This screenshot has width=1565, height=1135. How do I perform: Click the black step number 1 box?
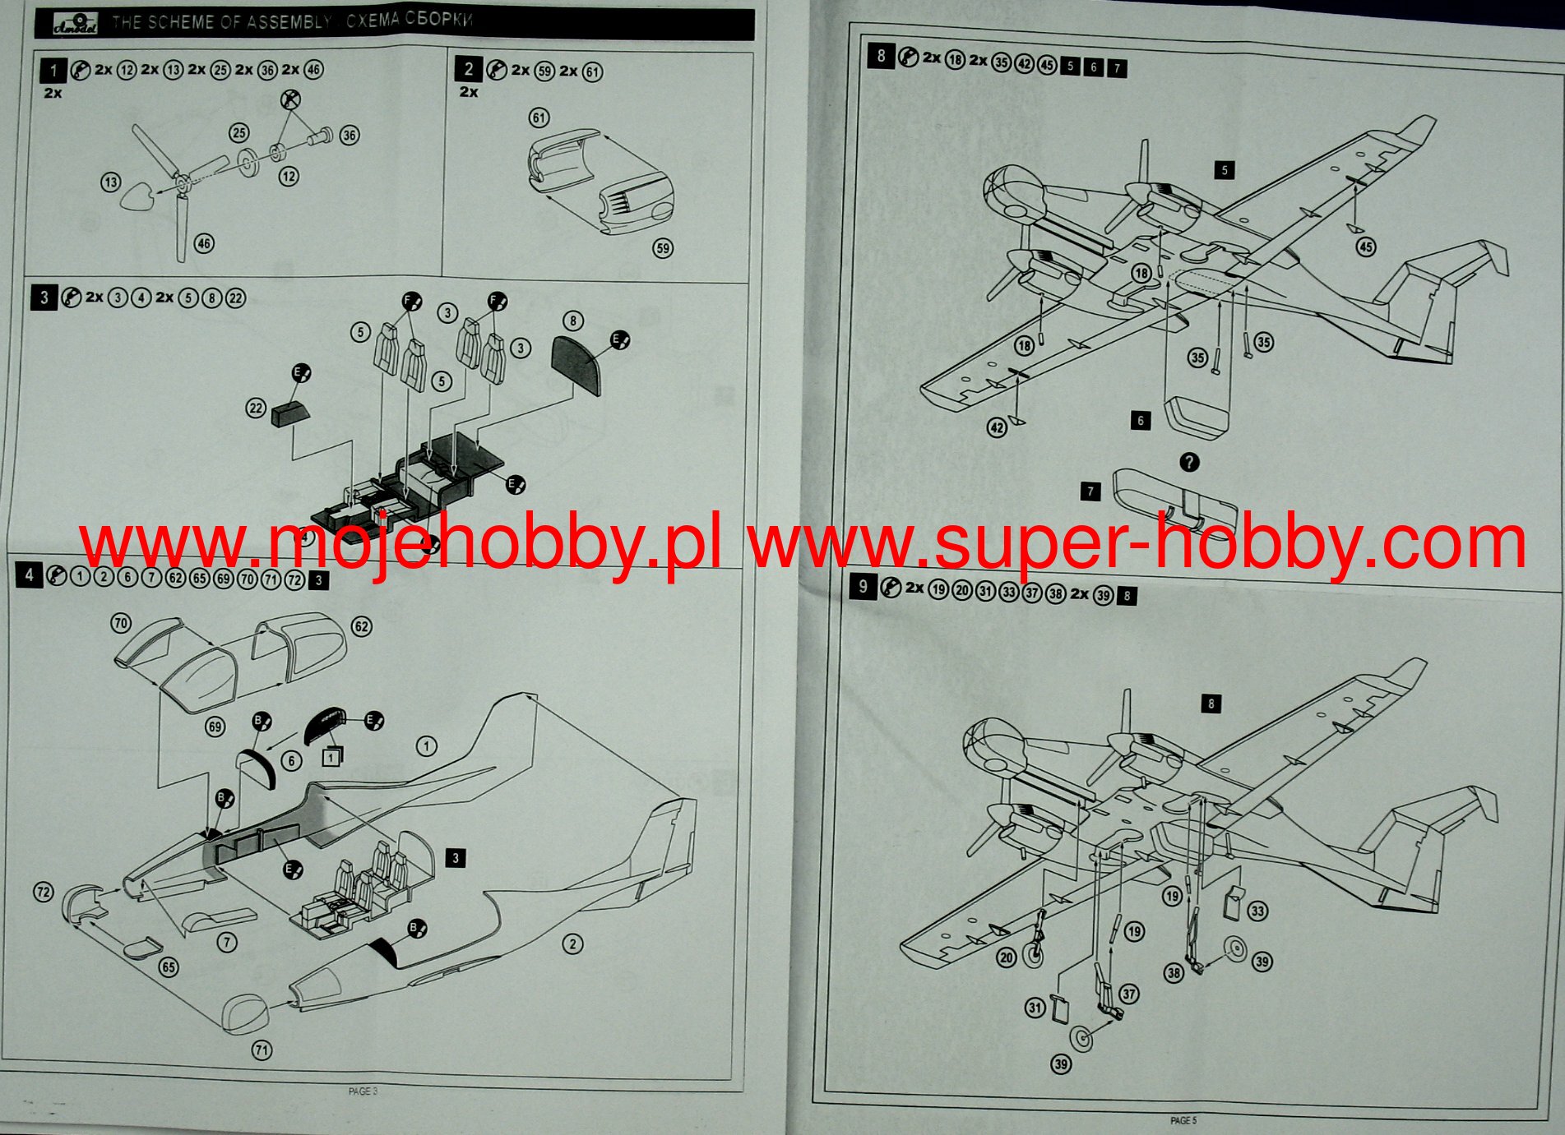[53, 71]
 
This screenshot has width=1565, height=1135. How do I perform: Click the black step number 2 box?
[468, 70]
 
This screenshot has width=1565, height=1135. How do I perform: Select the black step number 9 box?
[862, 587]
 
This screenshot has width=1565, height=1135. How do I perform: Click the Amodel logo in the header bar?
[76, 24]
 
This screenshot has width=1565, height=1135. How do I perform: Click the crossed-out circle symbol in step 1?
[289, 100]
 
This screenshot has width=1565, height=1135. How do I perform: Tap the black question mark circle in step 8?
[1189, 463]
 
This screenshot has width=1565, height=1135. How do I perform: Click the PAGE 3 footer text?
[363, 1091]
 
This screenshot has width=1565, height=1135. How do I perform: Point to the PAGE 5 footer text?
[1183, 1120]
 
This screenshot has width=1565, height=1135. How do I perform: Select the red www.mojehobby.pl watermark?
[400, 543]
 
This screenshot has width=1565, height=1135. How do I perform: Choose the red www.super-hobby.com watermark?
[1137, 542]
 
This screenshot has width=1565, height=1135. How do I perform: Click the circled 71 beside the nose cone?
[262, 1050]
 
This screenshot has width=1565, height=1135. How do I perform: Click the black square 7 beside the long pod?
[1090, 491]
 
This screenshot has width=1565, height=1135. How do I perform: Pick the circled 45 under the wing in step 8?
[1365, 247]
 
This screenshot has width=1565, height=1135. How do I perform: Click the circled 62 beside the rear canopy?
[361, 626]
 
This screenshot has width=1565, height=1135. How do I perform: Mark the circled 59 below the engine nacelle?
[662, 248]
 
